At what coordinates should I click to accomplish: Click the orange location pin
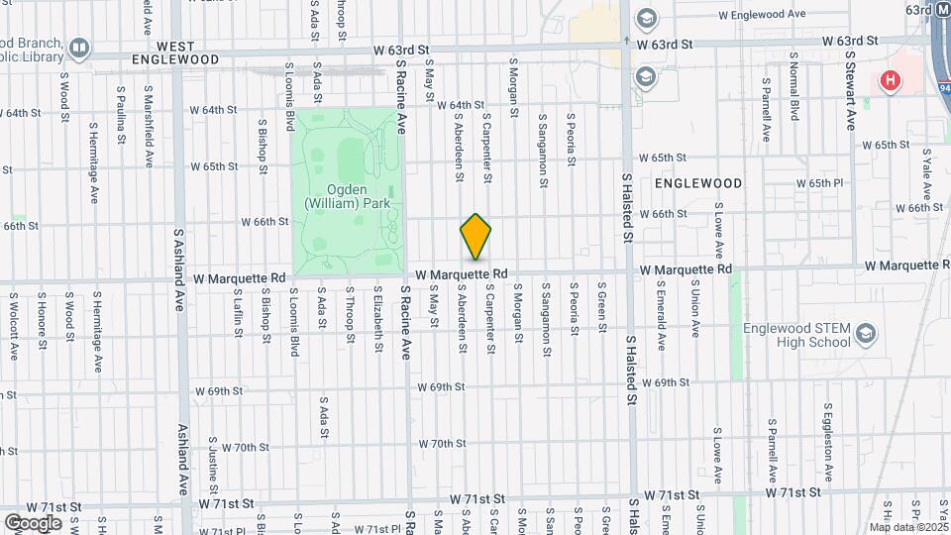475,237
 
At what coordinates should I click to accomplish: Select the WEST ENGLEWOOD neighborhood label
187,53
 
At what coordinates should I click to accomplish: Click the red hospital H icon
892,80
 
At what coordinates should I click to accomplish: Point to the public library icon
78,47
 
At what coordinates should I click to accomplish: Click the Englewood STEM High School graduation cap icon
866,332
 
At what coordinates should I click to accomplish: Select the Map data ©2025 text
907,527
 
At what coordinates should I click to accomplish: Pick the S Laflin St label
238,311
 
